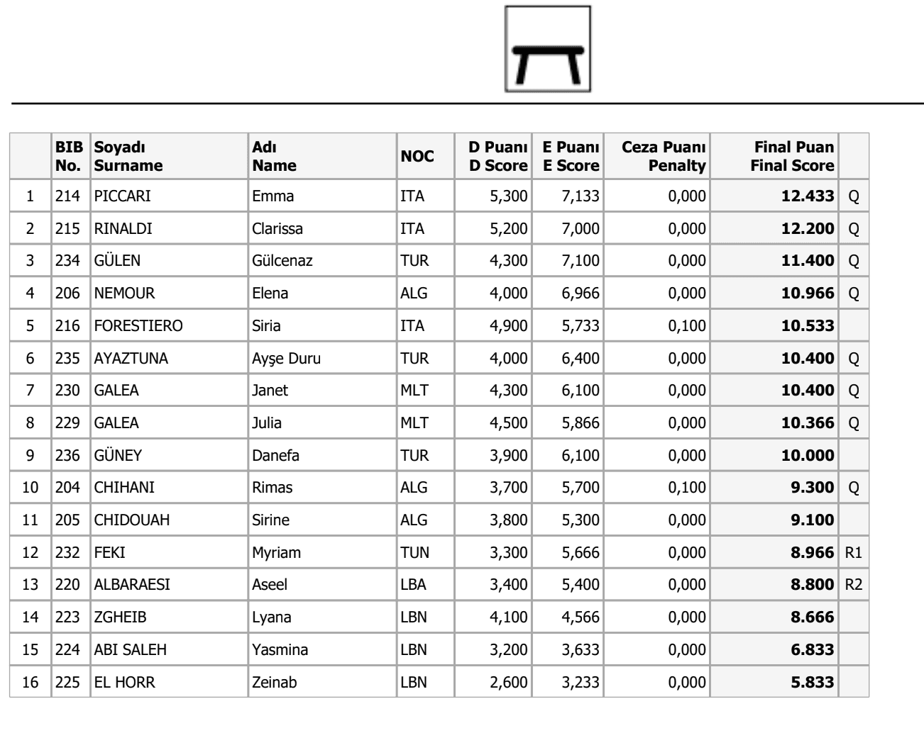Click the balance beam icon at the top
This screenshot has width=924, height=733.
click(547, 49)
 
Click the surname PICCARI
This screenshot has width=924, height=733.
click(122, 196)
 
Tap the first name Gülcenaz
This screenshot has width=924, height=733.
click(282, 261)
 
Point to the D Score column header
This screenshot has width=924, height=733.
click(497, 157)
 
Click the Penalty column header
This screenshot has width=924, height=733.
click(664, 157)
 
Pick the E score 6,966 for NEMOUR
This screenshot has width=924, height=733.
click(580, 293)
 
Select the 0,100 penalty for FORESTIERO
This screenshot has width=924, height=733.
click(686, 326)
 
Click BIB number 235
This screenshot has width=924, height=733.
click(68, 359)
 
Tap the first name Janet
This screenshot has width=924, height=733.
click(270, 391)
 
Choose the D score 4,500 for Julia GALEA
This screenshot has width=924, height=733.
click(508, 423)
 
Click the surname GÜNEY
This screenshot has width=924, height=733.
click(118, 456)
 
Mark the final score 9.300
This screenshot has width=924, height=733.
click(812, 488)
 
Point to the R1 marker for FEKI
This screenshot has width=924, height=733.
click(853, 553)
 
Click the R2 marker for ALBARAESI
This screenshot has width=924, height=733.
click(853, 585)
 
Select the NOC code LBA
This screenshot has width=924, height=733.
click(413, 585)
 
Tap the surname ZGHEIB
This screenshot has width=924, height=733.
click(120, 617)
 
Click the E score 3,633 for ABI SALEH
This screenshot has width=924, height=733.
click(580, 650)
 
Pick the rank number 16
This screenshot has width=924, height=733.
click(30, 683)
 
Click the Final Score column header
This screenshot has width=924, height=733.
click(793, 157)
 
